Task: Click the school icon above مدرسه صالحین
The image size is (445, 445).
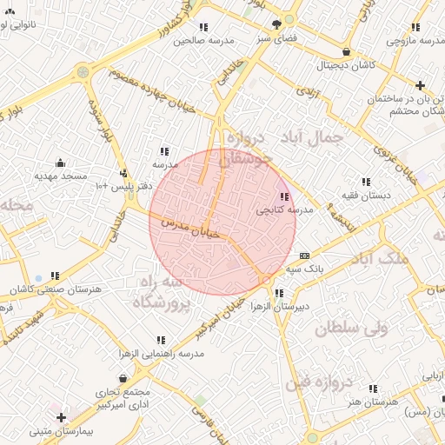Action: tap(203, 27)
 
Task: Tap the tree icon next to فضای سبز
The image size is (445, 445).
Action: tap(276, 24)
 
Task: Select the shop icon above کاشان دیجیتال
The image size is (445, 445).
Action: tap(347, 51)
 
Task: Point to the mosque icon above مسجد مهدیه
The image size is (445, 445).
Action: tap(60, 163)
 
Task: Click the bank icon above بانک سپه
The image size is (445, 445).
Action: tap(303, 256)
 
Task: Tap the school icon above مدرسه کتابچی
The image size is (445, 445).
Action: tap(285, 196)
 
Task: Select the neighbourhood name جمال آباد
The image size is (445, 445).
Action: tap(313, 137)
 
